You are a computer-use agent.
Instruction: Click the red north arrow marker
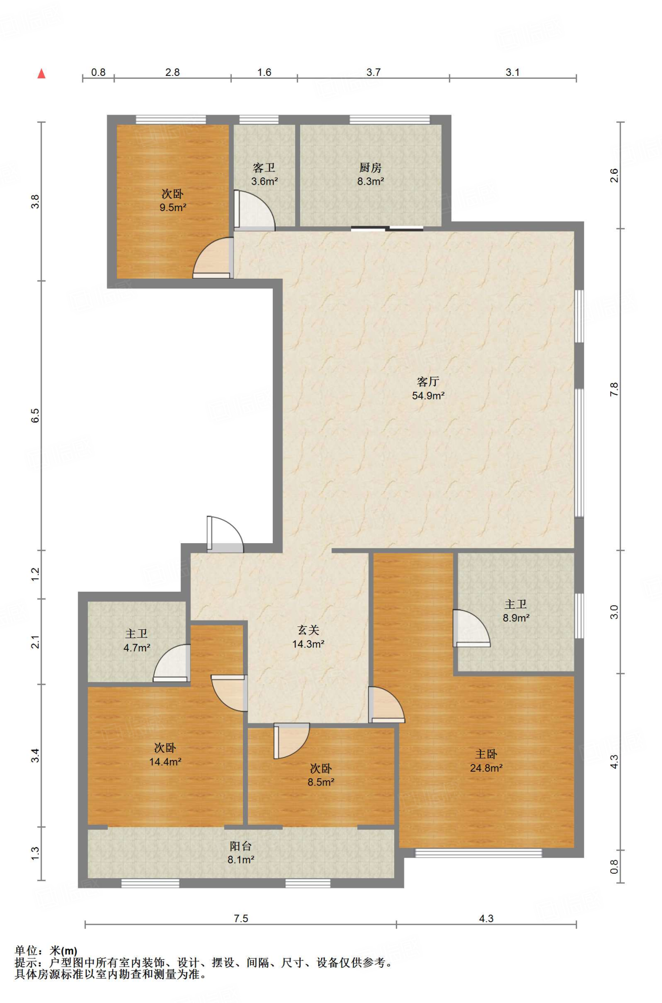point(42,73)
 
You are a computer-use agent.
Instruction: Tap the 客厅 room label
point(428,382)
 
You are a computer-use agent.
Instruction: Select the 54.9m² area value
point(428,396)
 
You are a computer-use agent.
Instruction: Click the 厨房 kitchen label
point(370,167)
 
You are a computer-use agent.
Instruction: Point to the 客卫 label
point(264,167)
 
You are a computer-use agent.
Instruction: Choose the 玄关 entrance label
point(308,630)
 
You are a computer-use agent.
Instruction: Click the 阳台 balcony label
point(240,846)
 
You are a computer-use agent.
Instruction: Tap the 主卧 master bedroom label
point(486,754)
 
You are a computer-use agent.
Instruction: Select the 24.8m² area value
point(486,768)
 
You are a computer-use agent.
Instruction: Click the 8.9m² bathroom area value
point(516,618)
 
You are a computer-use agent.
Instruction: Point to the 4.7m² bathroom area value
point(137,647)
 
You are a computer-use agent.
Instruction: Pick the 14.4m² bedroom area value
point(165,762)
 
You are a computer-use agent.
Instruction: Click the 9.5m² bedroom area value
point(173,207)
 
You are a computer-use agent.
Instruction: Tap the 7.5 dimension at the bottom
point(241,918)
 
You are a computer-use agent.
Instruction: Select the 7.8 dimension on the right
point(614,389)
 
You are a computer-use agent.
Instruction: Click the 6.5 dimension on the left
point(35,415)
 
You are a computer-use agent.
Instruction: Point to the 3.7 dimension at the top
point(373,72)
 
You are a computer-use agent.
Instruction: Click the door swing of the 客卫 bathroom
point(255,210)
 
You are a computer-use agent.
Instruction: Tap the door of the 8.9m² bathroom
point(471,628)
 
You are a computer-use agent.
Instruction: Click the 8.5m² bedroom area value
point(321,782)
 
